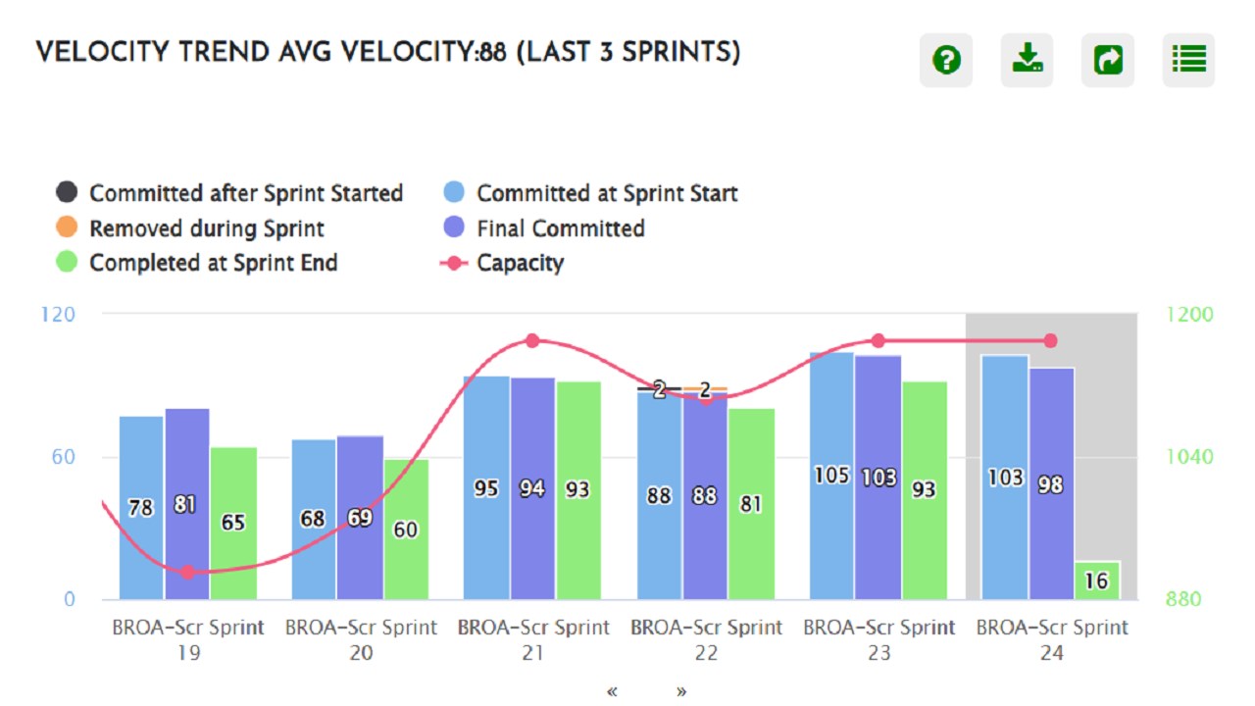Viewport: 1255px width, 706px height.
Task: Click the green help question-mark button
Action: tap(946, 61)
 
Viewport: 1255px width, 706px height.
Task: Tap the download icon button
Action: tap(1027, 61)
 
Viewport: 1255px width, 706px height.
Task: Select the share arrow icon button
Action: tap(1108, 61)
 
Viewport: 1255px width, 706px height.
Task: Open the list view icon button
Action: tap(1188, 61)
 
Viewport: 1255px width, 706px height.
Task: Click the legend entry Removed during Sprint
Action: tap(206, 228)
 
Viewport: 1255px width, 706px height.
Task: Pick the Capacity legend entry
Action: tap(520, 263)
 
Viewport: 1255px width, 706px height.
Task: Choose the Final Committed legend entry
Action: tap(560, 228)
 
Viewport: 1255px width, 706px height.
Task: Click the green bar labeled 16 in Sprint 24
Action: tap(1096, 580)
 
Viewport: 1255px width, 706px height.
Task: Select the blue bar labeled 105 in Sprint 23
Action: tap(831, 476)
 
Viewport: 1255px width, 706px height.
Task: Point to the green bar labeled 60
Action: tap(406, 529)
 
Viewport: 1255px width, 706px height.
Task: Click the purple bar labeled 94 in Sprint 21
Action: tap(532, 488)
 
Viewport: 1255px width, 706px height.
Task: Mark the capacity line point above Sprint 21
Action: tap(532, 340)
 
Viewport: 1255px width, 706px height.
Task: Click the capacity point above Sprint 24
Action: tap(1050, 340)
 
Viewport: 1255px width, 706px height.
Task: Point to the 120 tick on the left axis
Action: tap(57, 314)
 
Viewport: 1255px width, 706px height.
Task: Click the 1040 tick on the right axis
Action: tap(1189, 456)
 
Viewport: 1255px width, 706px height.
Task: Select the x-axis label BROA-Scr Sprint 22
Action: tap(706, 638)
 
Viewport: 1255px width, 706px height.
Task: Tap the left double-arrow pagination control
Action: tap(613, 691)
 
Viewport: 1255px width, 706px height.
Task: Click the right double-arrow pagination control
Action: tap(681, 691)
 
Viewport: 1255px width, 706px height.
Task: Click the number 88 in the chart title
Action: tap(493, 53)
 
